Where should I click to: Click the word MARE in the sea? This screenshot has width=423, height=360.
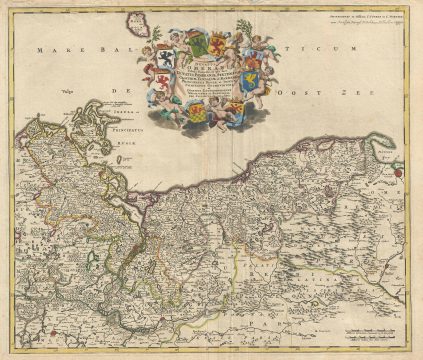[x=48, y=50]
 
